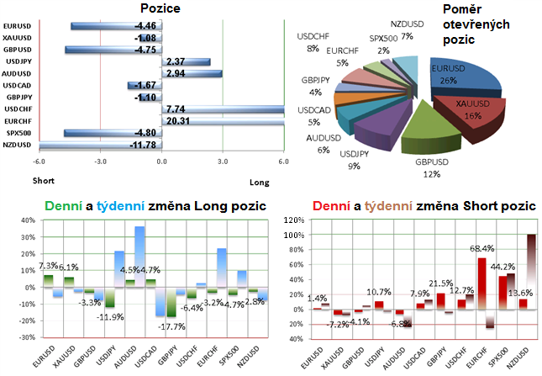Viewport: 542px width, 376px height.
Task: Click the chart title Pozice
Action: coord(158,9)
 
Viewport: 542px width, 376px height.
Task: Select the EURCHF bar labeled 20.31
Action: coord(227,121)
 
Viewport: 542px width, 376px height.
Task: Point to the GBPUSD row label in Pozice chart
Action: coord(18,50)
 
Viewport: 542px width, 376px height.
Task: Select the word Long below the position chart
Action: coord(260,180)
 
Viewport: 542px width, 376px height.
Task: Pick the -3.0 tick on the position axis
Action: coord(100,162)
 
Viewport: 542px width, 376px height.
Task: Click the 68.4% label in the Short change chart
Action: coord(480,248)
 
